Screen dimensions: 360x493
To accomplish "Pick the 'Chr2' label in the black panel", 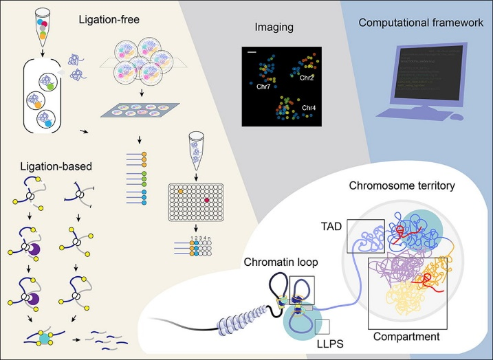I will pyautogui.click(x=306, y=78).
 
